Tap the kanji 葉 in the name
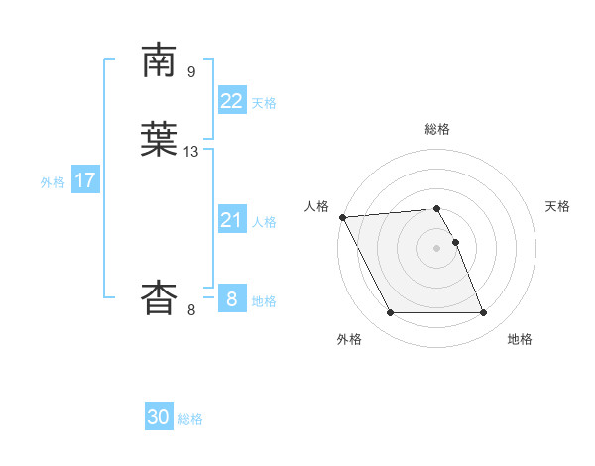pos(161,141)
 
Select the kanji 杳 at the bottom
pos(161,297)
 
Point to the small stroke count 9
pos(191,71)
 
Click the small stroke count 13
pos(191,152)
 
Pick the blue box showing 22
pos(231,101)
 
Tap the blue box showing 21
pos(231,220)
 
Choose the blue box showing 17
pos(85,180)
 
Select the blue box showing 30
pos(159,417)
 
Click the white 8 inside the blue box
pos(231,298)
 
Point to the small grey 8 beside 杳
pos(191,310)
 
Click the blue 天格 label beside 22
pos(264,103)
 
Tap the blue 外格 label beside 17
pos(53,182)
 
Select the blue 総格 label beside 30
pos(190,419)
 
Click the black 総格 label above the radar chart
pos(437,129)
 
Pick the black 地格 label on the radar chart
pos(520,340)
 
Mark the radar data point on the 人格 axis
pos(342,217)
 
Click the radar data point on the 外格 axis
pos(390,313)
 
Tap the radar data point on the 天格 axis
pos(455,242)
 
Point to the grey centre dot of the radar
pos(437,248)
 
